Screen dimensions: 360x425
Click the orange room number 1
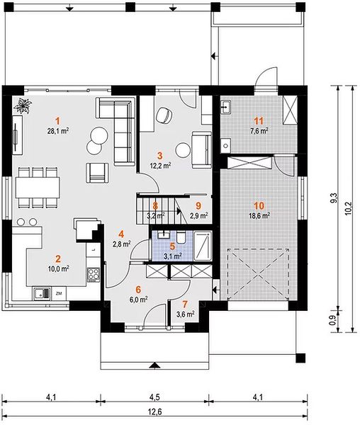click(57, 120)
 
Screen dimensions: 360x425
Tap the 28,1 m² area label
click(58, 131)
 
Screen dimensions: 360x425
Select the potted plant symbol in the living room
click(23, 106)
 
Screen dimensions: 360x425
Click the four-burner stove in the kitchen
click(94, 274)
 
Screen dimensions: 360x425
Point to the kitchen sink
click(42, 294)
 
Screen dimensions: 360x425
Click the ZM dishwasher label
click(58, 293)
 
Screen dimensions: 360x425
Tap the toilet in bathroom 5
click(181, 237)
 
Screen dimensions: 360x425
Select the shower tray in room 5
click(203, 246)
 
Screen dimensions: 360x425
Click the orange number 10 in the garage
click(259, 205)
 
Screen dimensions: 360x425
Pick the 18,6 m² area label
click(259, 216)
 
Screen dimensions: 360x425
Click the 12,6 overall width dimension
click(154, 412)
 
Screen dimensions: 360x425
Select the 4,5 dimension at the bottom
click(154, 397)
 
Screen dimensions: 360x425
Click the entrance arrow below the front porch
click(154, 365)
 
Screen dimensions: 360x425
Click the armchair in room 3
click(164, 115)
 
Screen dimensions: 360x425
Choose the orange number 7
click(185, 305)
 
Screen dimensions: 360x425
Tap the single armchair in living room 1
click(98, 173)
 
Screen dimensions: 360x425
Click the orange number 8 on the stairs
click(155, 205)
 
